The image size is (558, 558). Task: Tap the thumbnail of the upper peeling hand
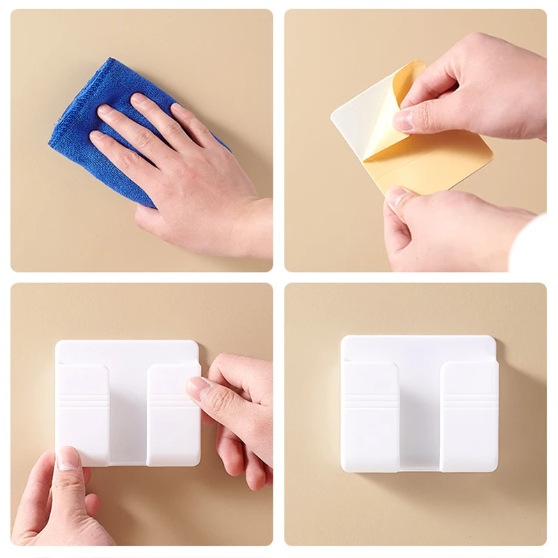click(403, 120)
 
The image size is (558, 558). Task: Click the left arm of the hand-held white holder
click(84, 412)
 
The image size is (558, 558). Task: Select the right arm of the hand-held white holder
click(171, 418)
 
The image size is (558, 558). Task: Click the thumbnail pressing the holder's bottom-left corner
click(69, 458)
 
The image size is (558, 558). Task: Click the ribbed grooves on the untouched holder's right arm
click(469, 401)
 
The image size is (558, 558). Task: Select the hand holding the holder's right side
click(237, 412)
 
